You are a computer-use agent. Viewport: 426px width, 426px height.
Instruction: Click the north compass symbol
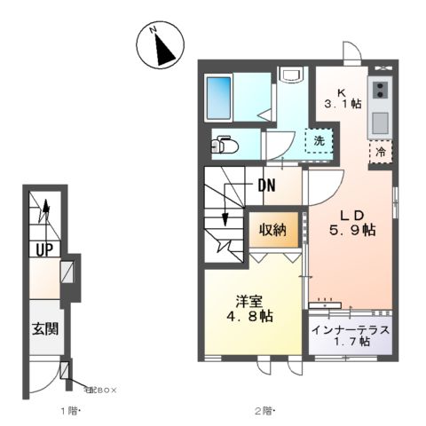pos(162,45)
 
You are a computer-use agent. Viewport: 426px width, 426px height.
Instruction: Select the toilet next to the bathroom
pos(225,145)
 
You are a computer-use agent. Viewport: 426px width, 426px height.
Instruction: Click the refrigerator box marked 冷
pos(380,151)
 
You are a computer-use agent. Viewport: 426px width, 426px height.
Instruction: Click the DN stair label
pos(266,186)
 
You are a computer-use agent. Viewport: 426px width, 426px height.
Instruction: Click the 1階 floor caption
pos(69,410)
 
